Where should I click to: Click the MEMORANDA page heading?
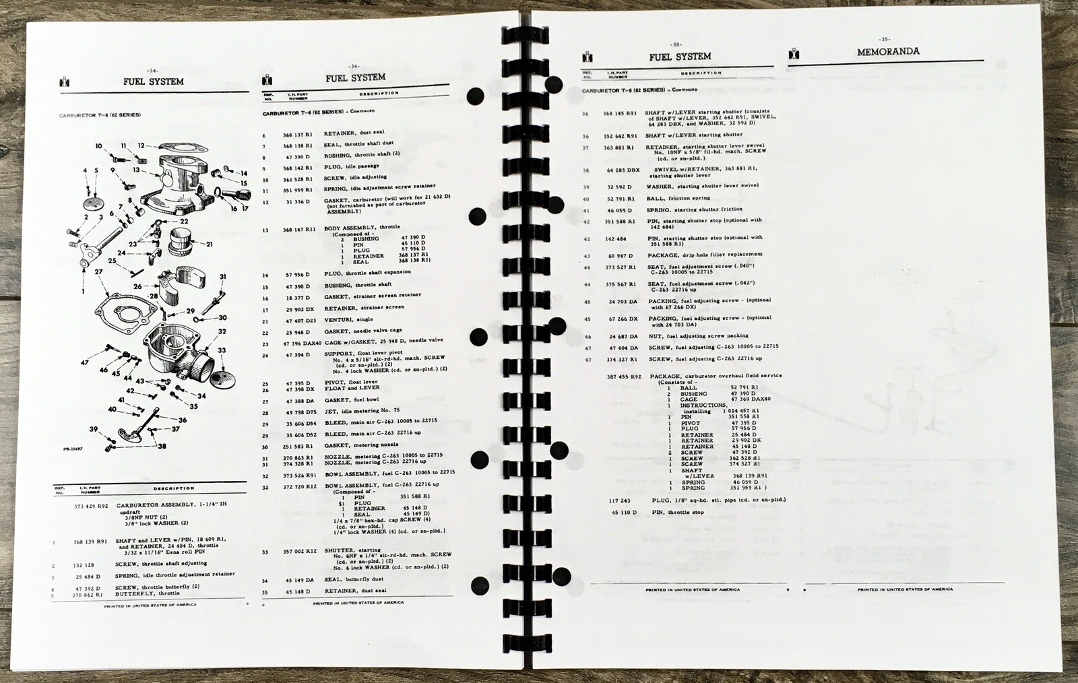887,51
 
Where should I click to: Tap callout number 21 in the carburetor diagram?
210,245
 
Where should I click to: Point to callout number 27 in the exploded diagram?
98,272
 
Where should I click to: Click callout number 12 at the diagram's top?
141,145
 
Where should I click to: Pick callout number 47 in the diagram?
84,363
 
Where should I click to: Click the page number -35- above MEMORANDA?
884,38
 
